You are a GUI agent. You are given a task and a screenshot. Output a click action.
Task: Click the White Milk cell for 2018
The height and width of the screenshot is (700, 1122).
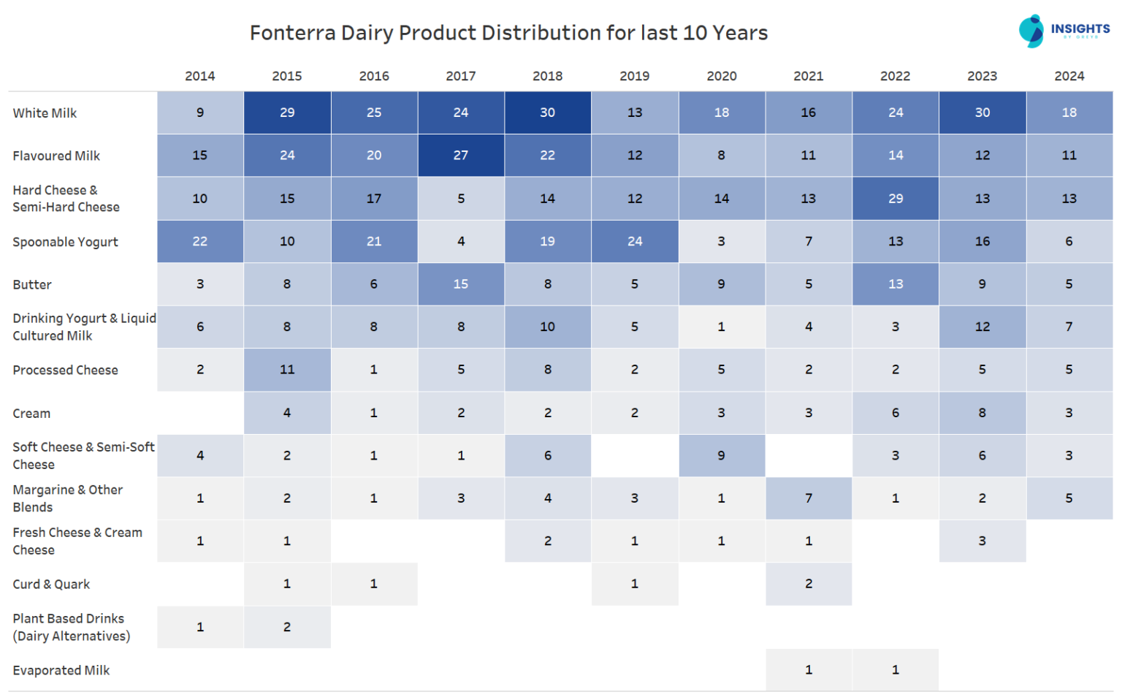547,113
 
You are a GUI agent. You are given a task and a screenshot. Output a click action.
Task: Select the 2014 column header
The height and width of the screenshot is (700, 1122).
199,76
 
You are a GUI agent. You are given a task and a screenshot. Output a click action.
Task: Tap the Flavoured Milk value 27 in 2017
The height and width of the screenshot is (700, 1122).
460,155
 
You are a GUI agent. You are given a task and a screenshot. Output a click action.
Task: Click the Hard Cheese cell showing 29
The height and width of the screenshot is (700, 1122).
896,198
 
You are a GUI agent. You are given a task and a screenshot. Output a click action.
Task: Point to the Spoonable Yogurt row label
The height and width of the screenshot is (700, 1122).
65,242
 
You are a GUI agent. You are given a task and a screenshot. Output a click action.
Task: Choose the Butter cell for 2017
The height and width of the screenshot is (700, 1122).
460,284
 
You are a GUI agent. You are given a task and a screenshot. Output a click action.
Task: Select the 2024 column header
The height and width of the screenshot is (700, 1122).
1069,76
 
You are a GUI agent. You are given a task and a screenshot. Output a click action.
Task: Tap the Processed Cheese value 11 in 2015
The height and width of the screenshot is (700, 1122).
287,370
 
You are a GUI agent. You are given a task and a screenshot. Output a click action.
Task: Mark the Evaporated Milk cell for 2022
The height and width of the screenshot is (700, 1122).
896,669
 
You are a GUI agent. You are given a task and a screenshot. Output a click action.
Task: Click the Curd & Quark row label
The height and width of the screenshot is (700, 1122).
51,584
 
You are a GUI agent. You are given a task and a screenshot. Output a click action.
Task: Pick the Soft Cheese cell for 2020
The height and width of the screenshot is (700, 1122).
721,455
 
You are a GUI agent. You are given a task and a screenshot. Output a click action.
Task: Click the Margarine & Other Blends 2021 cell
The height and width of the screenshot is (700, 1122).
809,498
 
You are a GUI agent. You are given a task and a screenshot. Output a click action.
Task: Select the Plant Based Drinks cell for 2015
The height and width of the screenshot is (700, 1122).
287,627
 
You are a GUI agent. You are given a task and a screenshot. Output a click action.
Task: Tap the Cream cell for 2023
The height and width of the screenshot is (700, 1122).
982,413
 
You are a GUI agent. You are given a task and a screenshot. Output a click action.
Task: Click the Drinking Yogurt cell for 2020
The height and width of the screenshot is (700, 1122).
721,327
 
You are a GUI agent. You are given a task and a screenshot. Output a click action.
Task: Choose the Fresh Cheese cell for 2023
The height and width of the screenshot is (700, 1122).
982,541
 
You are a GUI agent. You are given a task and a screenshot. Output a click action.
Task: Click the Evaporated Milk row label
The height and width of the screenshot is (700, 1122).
61,670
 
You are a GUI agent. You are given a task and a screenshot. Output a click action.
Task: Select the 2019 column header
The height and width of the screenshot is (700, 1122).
634,76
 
